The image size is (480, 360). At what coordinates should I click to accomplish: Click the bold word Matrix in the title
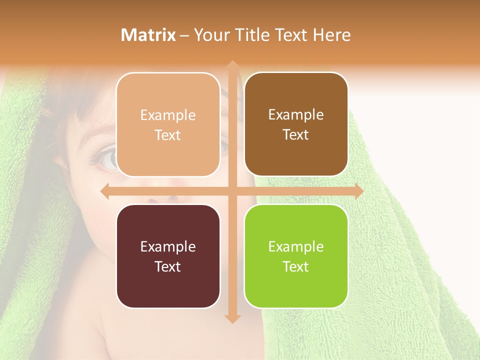[x=148, y=35]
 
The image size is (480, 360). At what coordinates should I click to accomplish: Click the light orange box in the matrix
[x=168, y=124]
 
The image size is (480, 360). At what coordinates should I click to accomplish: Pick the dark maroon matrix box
[x=168, y=256]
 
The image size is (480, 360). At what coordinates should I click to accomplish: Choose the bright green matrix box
[x=296, y=256]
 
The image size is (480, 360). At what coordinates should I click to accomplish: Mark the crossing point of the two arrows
[x=232, y=191]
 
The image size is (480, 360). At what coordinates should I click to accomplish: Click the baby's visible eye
[x=106, y=158]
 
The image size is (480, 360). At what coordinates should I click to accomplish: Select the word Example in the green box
[x=296, y=246]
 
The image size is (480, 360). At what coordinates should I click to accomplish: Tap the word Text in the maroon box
[x=168, y=266]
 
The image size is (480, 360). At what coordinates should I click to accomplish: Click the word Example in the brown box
[x=296, y=114]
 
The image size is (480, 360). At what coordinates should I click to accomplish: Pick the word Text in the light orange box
[x=168, y=135]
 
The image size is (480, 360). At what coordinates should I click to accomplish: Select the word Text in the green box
[x=296, y=266]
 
